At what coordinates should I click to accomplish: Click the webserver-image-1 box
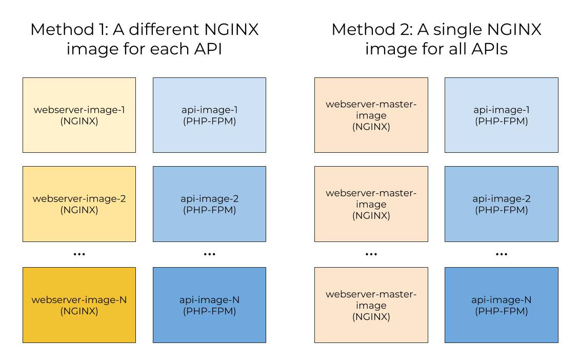pyautogui.click(x=79, y=115)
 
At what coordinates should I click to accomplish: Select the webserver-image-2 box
pyautogui.click(x=79, y=204)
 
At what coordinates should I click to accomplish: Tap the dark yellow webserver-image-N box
pyautogui.click(x=79, y=305)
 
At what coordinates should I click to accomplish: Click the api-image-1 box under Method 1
pyautogui.click(x=209, y=115)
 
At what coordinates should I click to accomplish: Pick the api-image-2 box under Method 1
pyautogui.click(x=209, y=204)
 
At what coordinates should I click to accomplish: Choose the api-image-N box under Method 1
pyautogui.click(x=209, y=305)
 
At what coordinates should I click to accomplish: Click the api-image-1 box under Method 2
pyautogui.click(x=501, y=115)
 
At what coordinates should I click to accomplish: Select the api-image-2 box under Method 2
pyautogui.click(x=501, y=204)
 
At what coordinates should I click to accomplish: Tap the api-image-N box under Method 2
pyautogui.click(x=501, y=305)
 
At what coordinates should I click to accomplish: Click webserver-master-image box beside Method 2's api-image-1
pyautogui.click(x=371, y=115)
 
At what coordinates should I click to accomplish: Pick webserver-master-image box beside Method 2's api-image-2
pyautogui.click(x=371, y=204)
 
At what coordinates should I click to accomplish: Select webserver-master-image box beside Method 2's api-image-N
pyautogui.click(x=371, y=305)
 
